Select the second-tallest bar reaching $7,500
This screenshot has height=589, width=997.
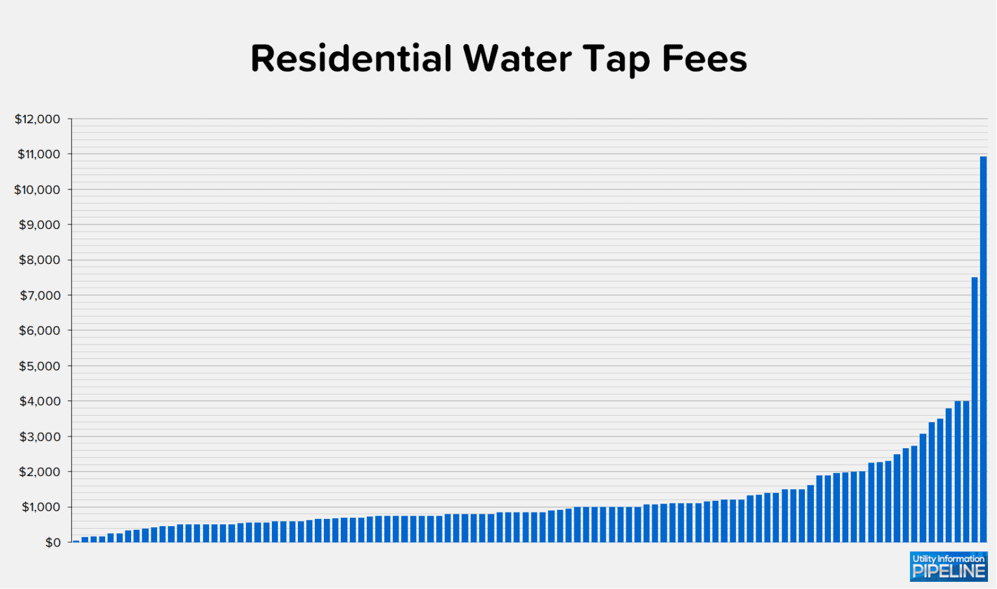click(x=974, y=409)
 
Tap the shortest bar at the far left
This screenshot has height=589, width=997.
click(x=76, y=540)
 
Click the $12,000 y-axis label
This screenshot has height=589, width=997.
click(x=37, y=119)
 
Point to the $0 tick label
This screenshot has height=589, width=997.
click(x=53, y=543)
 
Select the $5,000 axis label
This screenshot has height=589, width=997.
click(x=40, y=367)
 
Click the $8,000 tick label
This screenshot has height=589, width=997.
click(x=40, y=260)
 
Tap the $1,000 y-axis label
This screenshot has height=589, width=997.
click(x=40, y=507)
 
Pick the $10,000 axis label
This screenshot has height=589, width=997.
click(x=37, y=190)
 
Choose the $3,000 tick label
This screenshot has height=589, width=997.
click(x=40, y=437)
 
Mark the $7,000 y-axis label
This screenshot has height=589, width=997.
click(x=40, y=296)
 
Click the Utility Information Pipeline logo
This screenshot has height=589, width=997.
click(x=948, y=566)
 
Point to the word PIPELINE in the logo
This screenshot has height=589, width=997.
click(x=948, y=571)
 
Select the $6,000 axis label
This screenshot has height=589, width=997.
click(x=40, y=331)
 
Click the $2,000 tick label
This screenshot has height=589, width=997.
click(x=40, y=472)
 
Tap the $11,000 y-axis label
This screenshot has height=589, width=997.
click(x=38, y=154)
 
